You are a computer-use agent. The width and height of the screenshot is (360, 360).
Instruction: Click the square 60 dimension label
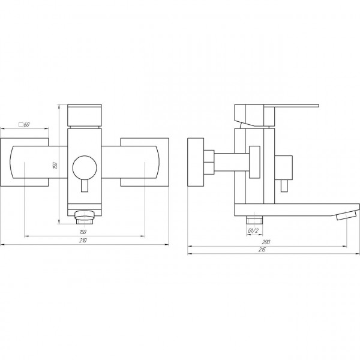point(24,125)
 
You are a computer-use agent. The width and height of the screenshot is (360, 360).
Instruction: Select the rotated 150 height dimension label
point(55,166)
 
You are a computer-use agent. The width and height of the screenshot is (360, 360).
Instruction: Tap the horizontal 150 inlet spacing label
point(83,232)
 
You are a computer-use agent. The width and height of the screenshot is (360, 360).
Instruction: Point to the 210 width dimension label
point(83,241)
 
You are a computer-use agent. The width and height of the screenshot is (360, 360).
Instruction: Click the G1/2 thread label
point(253,231)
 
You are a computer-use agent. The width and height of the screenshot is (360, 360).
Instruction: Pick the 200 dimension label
point(266,242)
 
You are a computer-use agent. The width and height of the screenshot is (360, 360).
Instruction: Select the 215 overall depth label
point(262,250)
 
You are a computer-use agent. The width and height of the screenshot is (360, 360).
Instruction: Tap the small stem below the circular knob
point(85,186)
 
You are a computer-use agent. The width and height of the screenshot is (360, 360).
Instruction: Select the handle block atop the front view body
point(85,115)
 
